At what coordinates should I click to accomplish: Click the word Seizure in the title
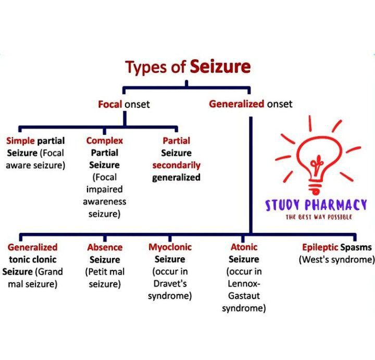220,67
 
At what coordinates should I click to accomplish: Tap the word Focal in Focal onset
110,104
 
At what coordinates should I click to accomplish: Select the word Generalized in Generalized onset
236,104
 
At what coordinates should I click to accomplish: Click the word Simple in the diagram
21,141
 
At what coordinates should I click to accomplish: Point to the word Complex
105,141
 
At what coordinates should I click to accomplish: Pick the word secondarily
176,165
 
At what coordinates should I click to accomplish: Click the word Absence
105,247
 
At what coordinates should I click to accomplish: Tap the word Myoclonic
170,247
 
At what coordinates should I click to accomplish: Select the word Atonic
244,247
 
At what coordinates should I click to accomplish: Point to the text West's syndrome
336,259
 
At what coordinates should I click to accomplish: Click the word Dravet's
170,284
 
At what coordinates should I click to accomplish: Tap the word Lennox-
244,284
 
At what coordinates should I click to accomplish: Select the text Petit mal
105,272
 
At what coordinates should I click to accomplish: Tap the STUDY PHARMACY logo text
316,205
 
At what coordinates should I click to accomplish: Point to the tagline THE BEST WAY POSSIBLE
318,216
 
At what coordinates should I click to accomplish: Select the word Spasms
357,247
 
